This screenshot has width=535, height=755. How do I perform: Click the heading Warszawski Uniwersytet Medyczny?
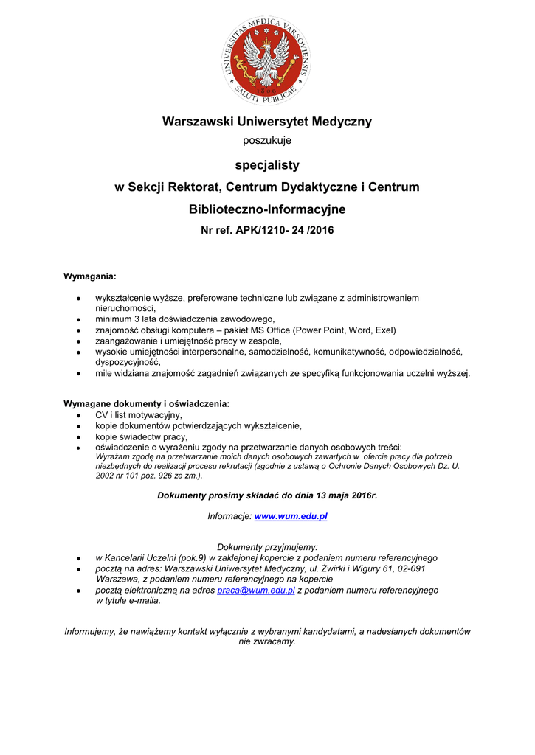point(267,122)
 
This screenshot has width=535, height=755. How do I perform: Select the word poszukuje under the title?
point(267,140)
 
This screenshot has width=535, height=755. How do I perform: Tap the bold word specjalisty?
point(267,164)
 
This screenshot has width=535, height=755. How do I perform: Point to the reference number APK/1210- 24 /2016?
point(284,230)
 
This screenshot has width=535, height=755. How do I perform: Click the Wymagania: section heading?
point(90,276)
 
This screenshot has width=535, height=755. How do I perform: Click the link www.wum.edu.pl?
point(291,516)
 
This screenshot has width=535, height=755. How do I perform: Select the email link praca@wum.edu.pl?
point(256,590)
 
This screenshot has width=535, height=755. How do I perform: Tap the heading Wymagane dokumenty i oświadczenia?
point(146,403)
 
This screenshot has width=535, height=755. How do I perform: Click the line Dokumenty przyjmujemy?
point(267,547)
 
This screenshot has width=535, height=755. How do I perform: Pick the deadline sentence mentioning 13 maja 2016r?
point(267,495)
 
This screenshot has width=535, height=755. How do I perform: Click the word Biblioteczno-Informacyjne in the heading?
point(267,209)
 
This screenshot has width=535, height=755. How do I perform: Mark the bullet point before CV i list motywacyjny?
point(78,416)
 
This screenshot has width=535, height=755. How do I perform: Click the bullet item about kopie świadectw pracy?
point(141,436)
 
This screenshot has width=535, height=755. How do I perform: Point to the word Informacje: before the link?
point(229,516)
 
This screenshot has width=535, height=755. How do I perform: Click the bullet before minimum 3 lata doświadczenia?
point(78,320)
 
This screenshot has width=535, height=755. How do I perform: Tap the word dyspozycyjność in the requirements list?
point(128,362)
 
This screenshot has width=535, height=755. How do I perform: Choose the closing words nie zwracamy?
point(267,641)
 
